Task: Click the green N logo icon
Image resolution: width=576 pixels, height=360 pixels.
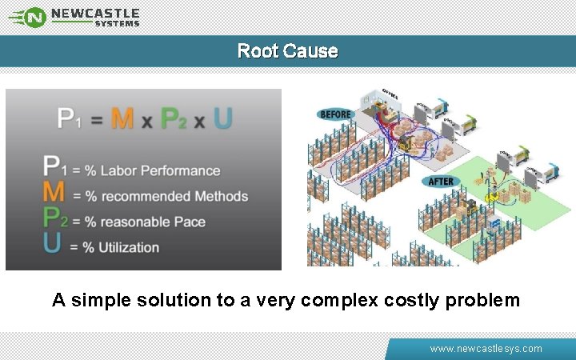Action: [34, 16]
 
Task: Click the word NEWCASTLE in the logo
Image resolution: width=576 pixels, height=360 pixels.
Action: [95, 13]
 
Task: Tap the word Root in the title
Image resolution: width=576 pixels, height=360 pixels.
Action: [257, 51]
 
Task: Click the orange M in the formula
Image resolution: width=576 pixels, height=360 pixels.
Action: [122, 118]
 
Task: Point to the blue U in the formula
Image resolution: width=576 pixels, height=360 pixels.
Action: [223, 118]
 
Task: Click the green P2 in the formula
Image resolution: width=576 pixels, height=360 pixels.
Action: [174, 119]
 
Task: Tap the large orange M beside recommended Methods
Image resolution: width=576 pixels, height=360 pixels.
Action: [54, 194]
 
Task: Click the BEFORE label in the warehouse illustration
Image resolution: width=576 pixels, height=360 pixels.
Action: [336, 114]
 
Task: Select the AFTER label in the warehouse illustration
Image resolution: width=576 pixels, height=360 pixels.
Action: [442, 182]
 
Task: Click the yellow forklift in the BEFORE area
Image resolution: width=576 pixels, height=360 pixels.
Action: [406, 143]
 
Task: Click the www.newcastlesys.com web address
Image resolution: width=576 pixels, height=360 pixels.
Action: [486, 349]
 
